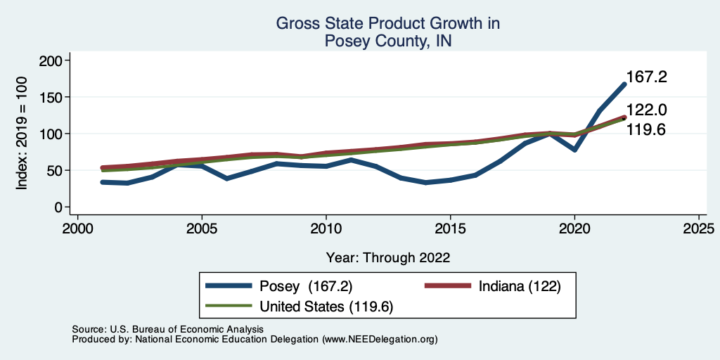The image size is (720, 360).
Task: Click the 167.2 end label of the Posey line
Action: point(645,77)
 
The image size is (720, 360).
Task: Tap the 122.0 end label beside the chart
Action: point(646,110)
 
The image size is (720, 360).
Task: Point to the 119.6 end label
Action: point(646,130)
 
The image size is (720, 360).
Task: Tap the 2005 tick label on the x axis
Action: point(202,229)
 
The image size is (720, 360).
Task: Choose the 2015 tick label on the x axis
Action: point(450,229)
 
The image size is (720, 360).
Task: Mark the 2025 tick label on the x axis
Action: point(699,229)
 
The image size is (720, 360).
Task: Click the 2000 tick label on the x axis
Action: point(77,229)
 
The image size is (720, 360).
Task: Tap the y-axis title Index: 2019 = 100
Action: point(22,134)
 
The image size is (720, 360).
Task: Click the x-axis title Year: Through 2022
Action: point(388,257)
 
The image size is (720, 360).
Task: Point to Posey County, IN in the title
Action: point(388,41)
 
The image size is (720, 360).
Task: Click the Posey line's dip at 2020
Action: point(574,150)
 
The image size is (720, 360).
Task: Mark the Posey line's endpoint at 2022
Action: point(624,84)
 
